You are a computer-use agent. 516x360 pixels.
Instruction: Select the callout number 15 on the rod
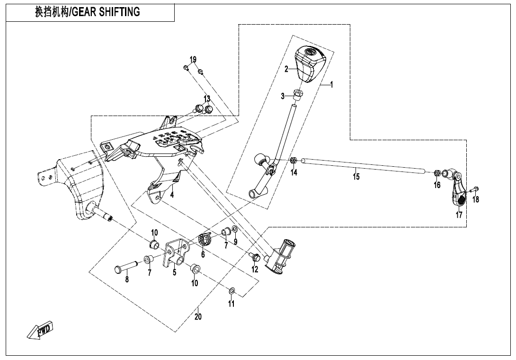356,177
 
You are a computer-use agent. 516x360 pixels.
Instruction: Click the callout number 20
198,316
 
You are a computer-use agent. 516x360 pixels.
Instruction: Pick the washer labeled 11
232,290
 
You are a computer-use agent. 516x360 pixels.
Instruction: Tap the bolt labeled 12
255,257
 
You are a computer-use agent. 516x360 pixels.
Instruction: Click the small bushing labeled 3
298,94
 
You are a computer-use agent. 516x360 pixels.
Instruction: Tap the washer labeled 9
235,230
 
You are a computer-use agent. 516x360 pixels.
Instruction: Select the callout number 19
193,60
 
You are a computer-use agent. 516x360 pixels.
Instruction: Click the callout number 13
207,99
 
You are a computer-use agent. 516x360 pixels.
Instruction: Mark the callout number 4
172,195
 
